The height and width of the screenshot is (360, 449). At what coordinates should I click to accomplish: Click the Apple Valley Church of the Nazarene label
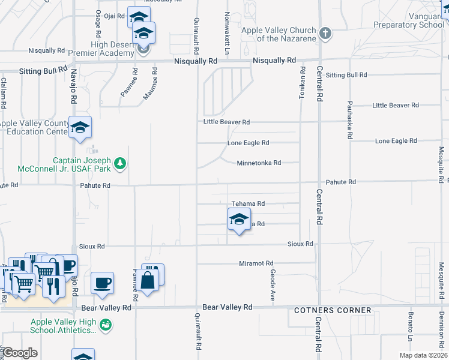(279, 34)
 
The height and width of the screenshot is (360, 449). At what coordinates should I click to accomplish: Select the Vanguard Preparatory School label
(408, 21)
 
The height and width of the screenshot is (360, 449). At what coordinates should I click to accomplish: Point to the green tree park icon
(120, 163)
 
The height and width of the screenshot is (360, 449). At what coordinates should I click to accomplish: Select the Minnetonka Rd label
(259, 163)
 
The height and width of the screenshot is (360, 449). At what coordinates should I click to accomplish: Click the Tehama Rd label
(248, 204)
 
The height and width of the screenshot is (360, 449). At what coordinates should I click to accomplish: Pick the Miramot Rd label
(256, 263)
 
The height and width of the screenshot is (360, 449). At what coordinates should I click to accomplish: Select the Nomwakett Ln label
(227, 26)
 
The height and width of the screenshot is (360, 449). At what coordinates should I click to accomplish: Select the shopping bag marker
(147, 279)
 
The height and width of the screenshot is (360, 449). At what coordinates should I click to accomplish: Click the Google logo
(20, 353)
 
